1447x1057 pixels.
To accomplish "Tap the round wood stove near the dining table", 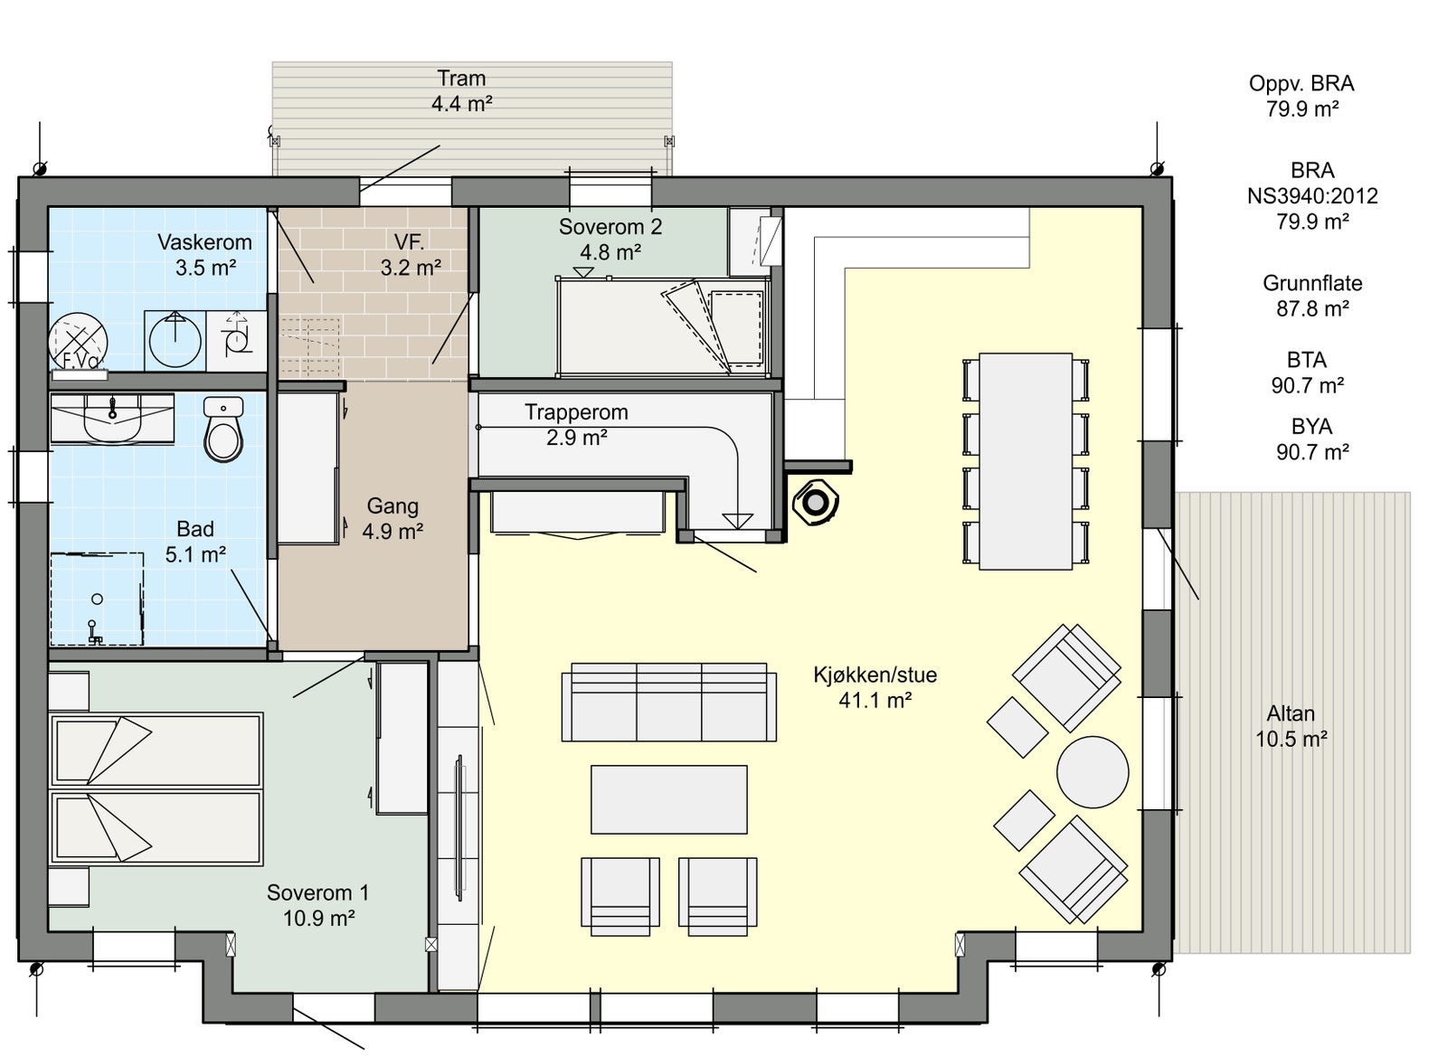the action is tap(816, 502).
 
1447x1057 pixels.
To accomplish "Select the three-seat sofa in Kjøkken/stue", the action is tap(668, 702).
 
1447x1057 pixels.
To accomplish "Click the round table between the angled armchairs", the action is tap(1092, 772).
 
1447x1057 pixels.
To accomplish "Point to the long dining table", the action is tap(1026, 461).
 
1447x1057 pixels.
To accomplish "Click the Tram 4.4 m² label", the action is tap(461, 90).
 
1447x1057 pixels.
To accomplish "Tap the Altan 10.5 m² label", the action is tap(1291, 726).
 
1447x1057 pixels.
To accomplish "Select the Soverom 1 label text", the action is tap(317, 892).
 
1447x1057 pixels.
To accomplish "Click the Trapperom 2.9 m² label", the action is tap(576, 424).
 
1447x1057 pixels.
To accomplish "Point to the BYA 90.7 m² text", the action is tap(1312, 439).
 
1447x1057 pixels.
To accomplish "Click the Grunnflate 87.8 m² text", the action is tap(1312, 296).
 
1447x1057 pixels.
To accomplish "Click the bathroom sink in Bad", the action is tap(112, 419).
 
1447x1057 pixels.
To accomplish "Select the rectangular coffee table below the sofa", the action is tap(668, 799).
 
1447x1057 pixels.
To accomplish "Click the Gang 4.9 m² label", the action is tap(392, 518).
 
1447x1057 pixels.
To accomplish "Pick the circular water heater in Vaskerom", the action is tap(78, 342).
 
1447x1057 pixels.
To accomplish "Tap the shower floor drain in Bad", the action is tap(97, 599).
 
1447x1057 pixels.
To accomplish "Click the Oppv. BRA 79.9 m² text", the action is tap(1301, 96).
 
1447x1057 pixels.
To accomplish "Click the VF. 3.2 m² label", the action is tap(411, 254).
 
